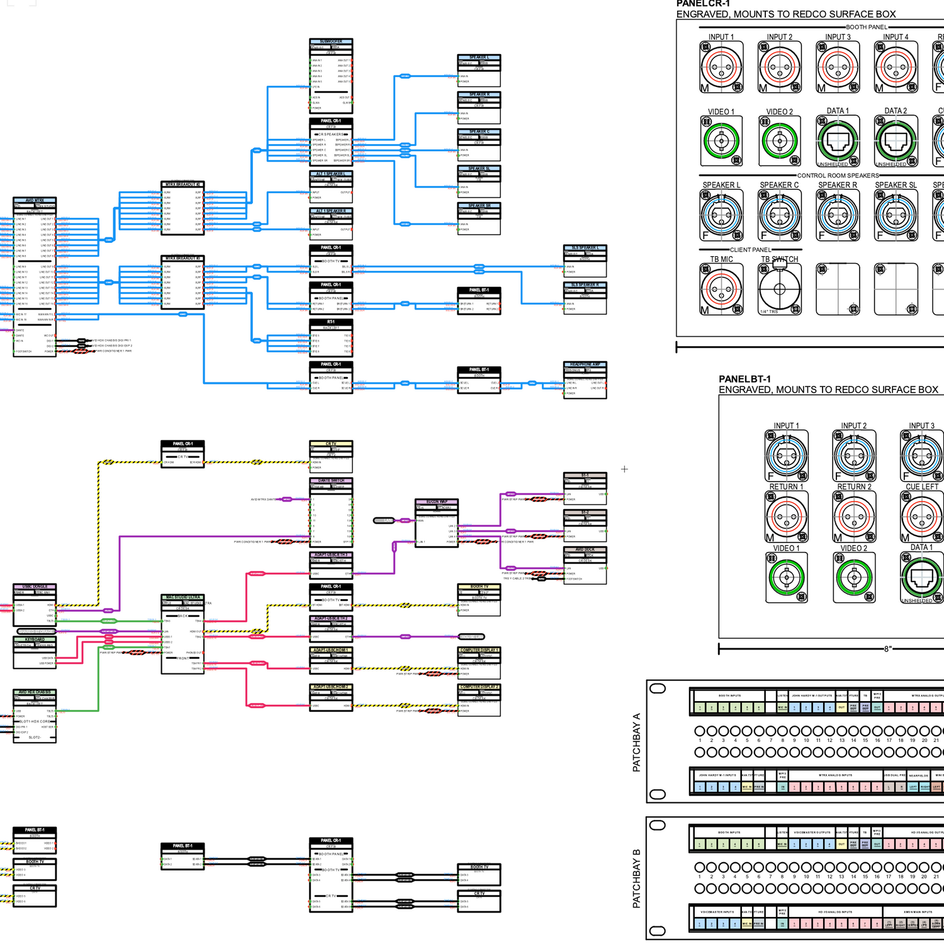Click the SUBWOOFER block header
tap(331, 42)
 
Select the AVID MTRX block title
tap(35, 200)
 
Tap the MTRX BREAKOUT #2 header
tap(183, 184)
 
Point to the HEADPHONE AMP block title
tap(585, 364)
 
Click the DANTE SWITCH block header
tap(331, 481)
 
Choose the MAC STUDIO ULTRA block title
tap(183, 597)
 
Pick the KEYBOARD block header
tap(35, 639)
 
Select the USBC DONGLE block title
tap(35, 587)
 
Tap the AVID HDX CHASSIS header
tap(35, 692)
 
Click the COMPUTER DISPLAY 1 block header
tap(479, 650)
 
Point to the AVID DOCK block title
tap(585, 549)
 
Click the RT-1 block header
tap(331, 322)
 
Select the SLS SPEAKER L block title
tap(585, 248)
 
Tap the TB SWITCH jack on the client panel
tap(780, 289)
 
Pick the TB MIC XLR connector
tap(721, 289)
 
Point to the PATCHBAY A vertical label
tap(636, 743)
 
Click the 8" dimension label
tap(887, 649)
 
